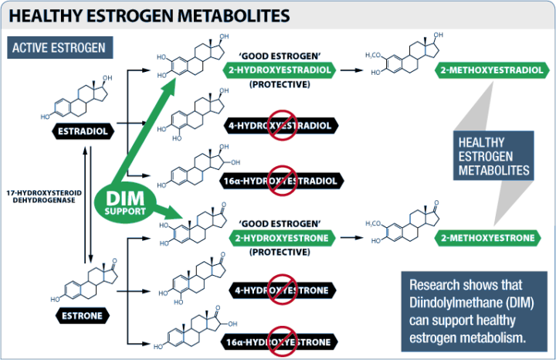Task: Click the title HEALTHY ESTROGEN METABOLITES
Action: tap(147, 15)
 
